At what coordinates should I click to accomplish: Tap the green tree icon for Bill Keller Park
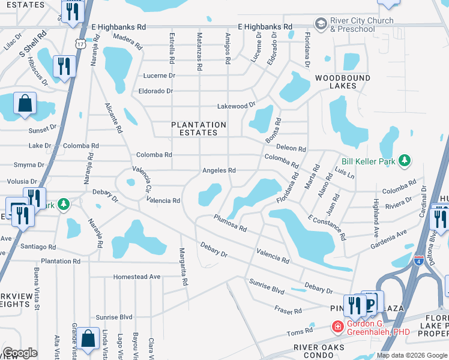click(406, 160)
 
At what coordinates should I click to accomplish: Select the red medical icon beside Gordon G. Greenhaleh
click(337, 327)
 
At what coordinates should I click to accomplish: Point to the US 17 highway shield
click(80, 44)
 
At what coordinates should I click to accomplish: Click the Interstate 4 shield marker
click(418, 260)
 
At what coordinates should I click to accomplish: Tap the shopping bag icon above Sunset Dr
click(25, 104)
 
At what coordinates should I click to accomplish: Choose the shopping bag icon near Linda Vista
click(88, 338)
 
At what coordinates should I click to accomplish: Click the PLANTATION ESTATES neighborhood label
click(199, 128)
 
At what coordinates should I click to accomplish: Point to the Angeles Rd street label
click(218, 170)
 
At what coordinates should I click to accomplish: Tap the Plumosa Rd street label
click(229, 224)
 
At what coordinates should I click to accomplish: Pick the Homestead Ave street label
click(137, 277)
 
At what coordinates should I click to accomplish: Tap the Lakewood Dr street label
click(232, 106)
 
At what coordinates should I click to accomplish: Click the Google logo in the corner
click(20, 353)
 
